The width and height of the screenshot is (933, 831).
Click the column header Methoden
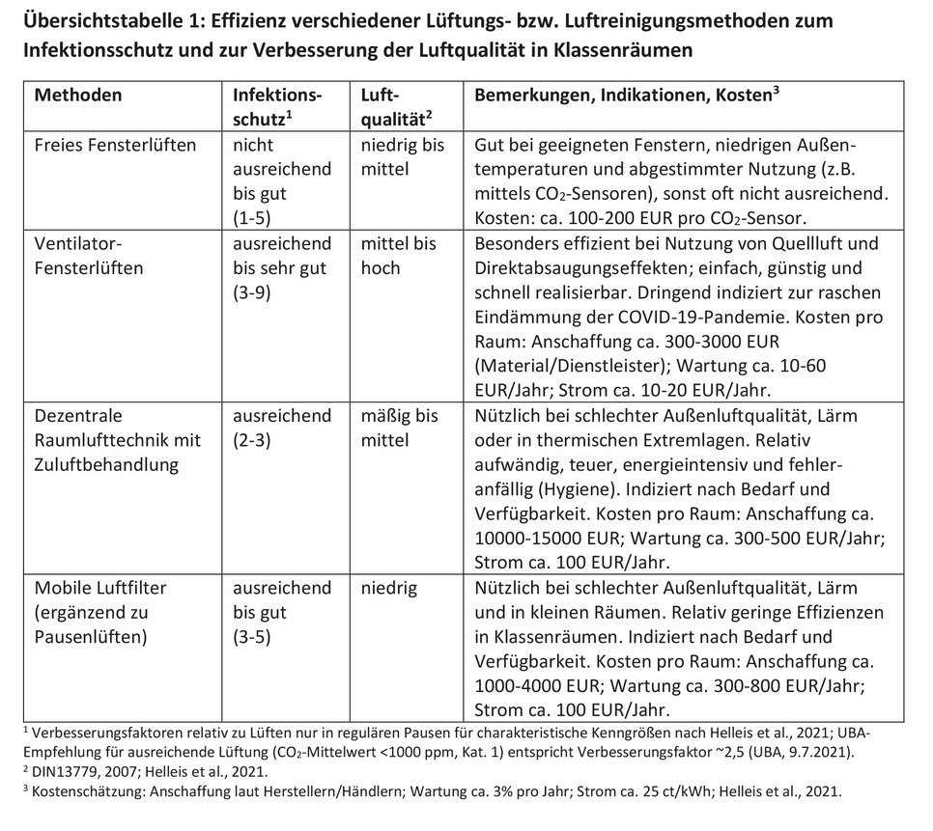point(78,96)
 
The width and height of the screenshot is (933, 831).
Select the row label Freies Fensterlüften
point(115,146)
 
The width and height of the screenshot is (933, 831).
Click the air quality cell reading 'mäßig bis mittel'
point(399,429)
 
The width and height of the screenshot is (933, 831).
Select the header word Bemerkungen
point(530,96)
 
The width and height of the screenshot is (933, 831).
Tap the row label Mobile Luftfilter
point(106,588)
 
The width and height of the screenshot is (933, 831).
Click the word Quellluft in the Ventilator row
point(796,243)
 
